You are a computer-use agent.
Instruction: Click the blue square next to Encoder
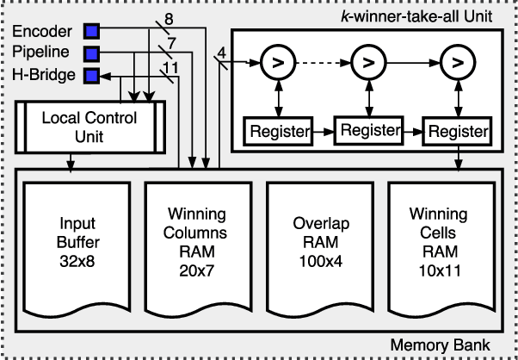[x=91, y=32]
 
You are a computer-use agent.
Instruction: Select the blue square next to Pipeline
[x=91, y=53]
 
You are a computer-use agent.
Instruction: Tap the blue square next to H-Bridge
[x=91, y=75]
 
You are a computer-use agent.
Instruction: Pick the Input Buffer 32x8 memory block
[x=71, y=245]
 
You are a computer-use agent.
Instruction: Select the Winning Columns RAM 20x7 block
[x=195, y=245]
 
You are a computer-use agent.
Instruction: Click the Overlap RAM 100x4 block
[x=319, y=245]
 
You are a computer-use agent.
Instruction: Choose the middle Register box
[x=368, y=130]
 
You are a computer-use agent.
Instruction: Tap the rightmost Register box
[x=456, y=133]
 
